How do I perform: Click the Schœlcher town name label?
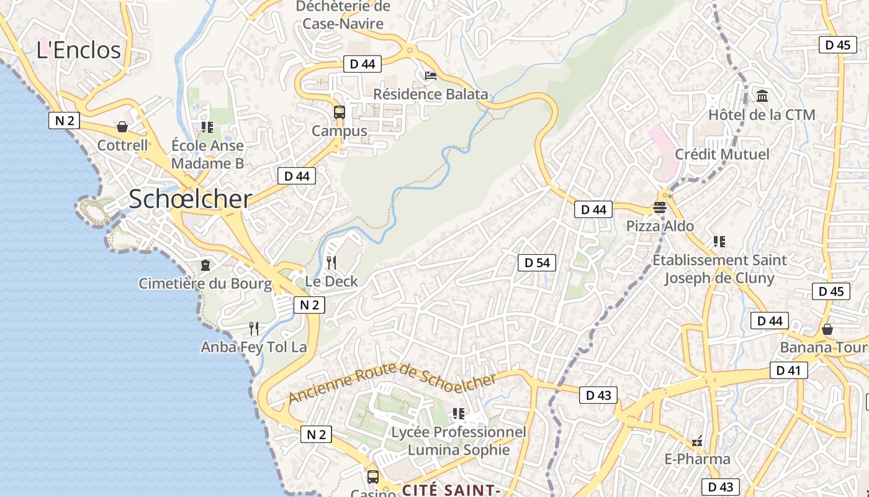click(190, 199)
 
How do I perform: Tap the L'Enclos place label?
click(78, 50)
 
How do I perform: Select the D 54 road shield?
click(537, 263)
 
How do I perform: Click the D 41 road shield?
click(788, 371)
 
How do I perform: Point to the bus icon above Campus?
click(339, 112)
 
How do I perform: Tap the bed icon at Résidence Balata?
click(431, 76)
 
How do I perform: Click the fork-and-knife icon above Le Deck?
click(331, 263)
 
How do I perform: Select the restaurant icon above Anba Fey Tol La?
click(253, 328)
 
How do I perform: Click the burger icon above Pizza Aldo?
click(659, 207)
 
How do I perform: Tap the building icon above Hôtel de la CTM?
click(762, 96)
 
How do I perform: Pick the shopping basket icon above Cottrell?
click(122, 127)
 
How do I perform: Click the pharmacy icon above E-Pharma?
click(697, 441)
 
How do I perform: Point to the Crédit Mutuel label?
click(721, 154)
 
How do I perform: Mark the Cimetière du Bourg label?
click(205, 284)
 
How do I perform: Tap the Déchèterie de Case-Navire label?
click(343, 15)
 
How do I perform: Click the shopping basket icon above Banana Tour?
click(827, 329)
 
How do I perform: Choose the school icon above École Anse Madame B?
click(207, 127)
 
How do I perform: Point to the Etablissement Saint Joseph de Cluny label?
click(719, 268)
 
